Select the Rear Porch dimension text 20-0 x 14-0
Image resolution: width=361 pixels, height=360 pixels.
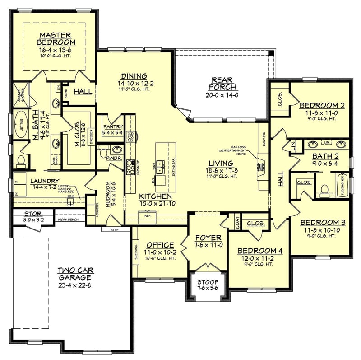point(222,95)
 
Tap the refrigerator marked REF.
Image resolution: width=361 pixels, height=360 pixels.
point(148,216)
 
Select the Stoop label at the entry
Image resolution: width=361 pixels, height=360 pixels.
point(208,282)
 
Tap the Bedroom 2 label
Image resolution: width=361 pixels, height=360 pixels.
point(322,106)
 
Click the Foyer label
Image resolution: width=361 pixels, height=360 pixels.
point(208,238)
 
